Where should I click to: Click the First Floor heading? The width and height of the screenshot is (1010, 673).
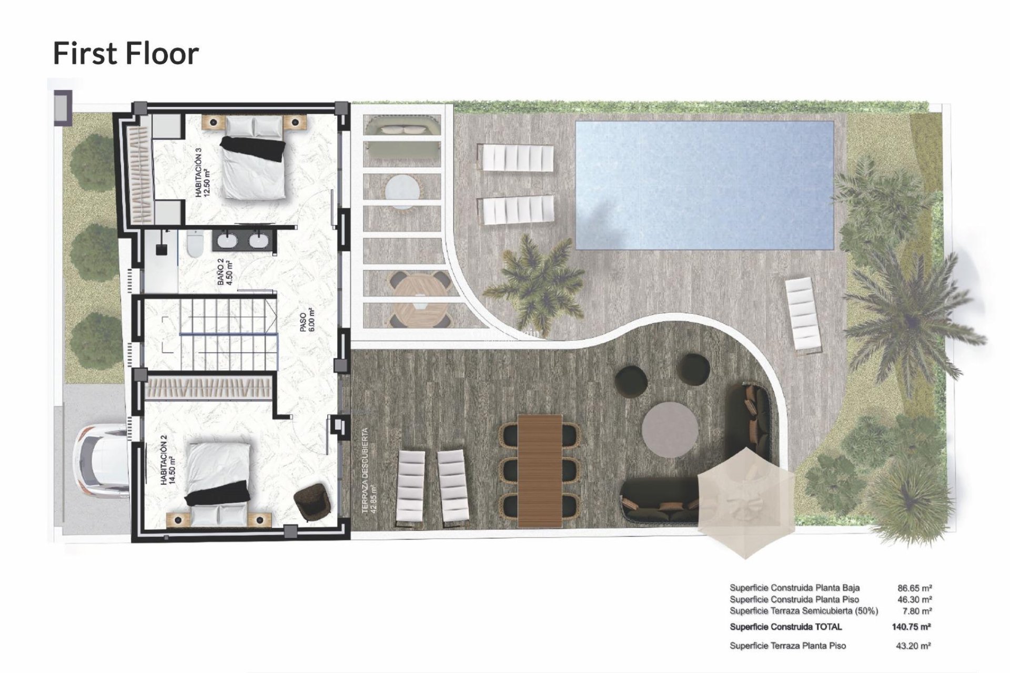click(126, 54)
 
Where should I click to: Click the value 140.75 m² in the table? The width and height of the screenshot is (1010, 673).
click(912, 627)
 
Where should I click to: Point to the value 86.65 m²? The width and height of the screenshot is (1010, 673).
click(915, 588)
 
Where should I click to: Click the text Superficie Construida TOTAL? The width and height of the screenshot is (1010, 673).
click(785, 627)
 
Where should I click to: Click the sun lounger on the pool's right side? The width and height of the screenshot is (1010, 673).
click(802, 314)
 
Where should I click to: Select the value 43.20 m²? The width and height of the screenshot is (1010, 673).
click(914, 646)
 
